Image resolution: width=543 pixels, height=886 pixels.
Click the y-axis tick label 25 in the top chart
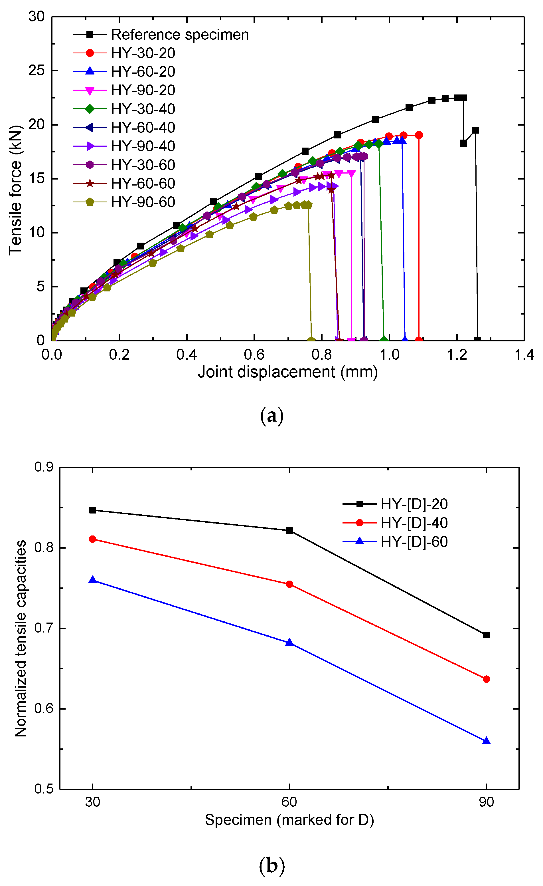36,71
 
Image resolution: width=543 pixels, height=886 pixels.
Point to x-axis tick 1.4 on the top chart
524,355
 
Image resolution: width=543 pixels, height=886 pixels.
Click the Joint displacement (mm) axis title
287,372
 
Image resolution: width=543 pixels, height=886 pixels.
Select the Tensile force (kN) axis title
15,191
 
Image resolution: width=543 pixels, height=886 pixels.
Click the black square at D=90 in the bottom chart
486,635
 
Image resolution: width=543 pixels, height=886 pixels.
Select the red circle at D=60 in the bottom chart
289,584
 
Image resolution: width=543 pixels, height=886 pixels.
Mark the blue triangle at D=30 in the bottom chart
92,580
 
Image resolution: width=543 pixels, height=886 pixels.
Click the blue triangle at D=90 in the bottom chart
486,741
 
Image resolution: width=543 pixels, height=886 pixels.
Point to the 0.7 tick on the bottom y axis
43,628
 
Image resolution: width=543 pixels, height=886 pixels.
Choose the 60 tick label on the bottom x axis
289,802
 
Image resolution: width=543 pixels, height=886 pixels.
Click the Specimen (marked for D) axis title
289,820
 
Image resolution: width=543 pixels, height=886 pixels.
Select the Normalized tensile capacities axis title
21,638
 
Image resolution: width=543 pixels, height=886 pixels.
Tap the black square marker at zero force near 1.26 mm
477,340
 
